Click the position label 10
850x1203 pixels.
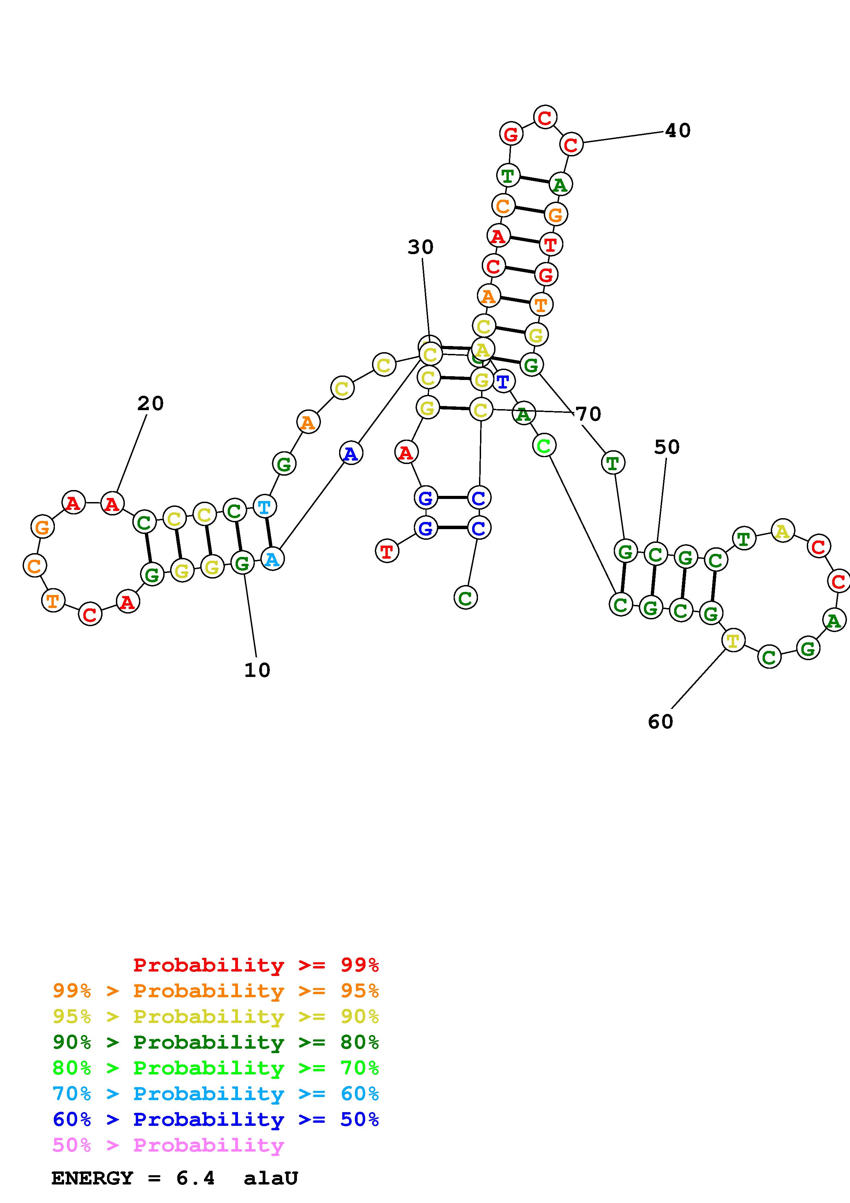(257, 670)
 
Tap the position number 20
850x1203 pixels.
(150, 403)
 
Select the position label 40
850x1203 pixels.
(678, 130)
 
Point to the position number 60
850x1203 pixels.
(660, 722)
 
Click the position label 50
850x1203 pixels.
(667, 447)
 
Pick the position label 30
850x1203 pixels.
(421, 247)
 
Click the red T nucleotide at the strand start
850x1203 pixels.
(386, 551)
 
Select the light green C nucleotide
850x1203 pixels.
(543, 446)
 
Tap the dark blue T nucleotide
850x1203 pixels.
(503, 381)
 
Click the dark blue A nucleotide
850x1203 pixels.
(350, 453)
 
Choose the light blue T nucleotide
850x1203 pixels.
(264, 507)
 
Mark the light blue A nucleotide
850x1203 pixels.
(272, 559)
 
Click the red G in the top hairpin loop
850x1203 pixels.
(511, 134)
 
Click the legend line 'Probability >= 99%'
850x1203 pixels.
(255, 965)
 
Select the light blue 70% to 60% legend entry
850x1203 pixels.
(215, 1094)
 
